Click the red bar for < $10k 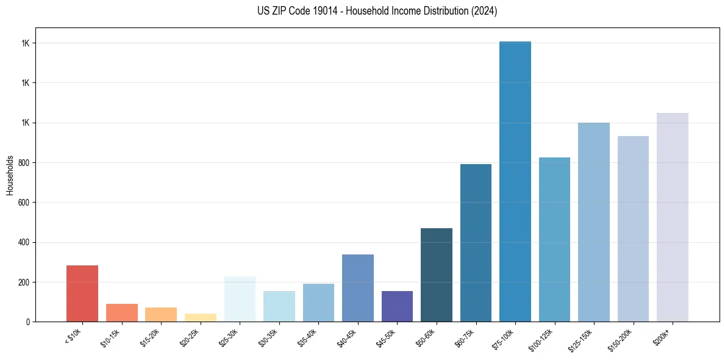point(82,293)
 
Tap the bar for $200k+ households point(673,217)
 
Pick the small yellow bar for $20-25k point(201,317)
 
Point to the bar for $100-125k point(554,240)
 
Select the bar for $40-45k point(358,288)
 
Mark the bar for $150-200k point(633,229)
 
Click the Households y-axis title point(10,175)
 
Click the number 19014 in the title point(327,11)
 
